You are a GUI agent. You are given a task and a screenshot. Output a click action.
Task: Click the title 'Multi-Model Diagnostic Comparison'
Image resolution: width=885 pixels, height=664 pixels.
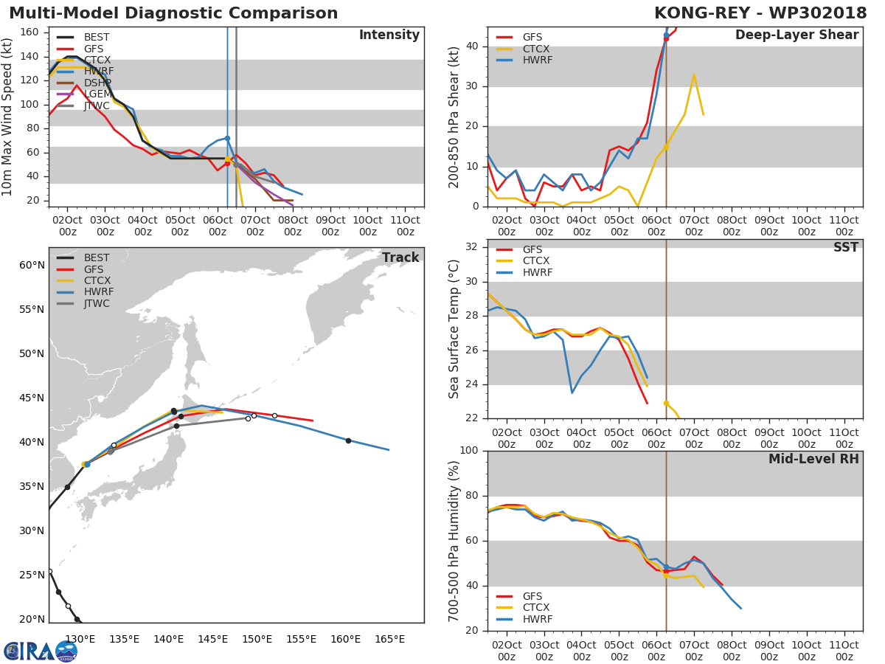coord(173,13)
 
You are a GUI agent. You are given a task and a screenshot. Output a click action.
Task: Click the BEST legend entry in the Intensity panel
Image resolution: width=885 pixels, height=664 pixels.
coord(97,37)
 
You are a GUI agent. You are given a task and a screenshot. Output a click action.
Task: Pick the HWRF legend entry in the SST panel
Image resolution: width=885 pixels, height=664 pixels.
coord(537,272)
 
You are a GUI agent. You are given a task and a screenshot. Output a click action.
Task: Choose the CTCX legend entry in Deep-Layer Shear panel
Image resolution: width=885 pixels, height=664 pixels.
coord(537,49)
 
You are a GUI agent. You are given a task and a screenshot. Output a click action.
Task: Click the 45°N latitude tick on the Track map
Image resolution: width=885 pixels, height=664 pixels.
coord(32,398)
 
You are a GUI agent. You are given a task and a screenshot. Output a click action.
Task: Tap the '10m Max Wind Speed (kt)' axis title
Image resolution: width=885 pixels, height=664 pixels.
coord(8,117)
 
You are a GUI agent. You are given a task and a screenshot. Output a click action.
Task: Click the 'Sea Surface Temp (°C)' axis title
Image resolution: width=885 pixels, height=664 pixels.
coord(454,328)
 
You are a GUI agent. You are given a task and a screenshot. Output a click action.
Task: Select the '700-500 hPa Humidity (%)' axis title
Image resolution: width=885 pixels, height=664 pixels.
coord(454,540)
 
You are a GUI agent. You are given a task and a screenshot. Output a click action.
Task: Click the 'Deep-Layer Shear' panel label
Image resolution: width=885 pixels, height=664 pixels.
coord(796,35)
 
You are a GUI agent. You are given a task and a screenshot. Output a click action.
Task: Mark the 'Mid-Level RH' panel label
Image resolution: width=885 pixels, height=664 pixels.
coord(813,459)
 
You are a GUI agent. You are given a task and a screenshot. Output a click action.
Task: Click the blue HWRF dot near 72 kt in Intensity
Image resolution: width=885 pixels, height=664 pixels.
coord(227,138)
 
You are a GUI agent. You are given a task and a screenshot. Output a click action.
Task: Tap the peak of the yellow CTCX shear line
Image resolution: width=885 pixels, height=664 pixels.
coord(693,75)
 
